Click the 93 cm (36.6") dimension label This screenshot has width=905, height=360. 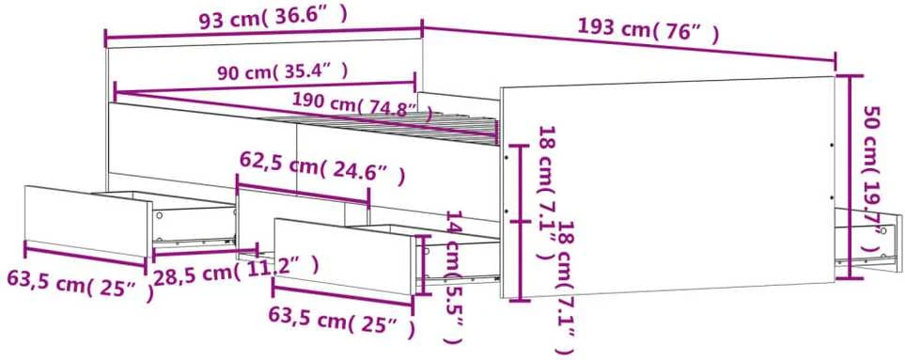[273, 19]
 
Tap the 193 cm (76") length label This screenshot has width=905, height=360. [648, 30]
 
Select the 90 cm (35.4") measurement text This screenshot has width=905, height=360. [283, 72]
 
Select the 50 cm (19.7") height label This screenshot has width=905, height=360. [873, 179]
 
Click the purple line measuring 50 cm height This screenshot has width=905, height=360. [849, 177]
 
